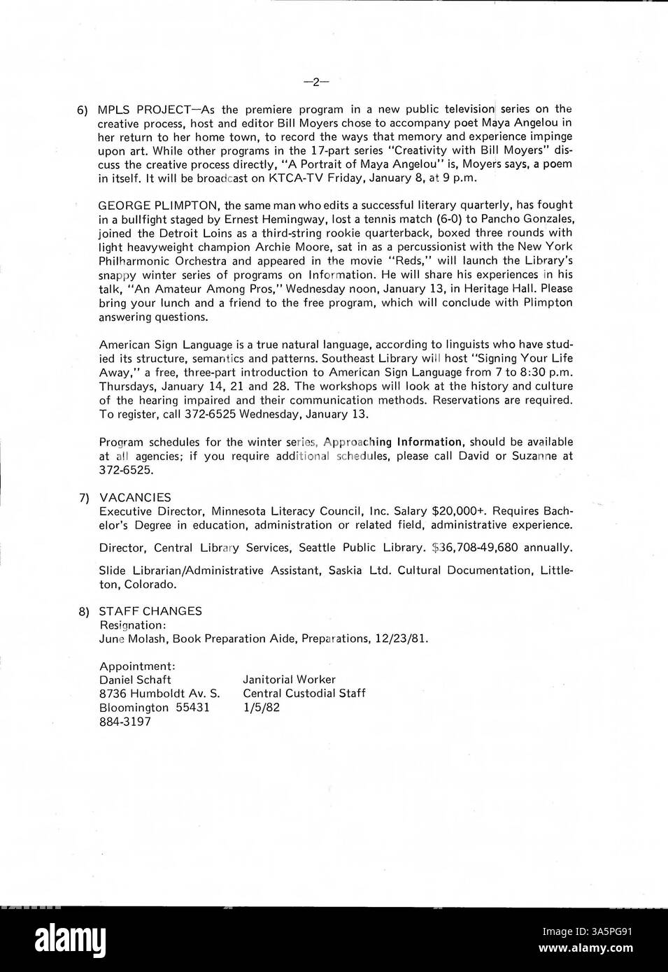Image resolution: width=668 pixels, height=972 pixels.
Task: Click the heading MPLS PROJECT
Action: pos(143,109)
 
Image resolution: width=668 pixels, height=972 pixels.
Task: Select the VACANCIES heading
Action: pos(134,497)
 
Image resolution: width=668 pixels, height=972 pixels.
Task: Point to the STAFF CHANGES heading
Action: pos(150,610)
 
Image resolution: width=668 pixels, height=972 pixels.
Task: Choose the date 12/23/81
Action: pos(404,638)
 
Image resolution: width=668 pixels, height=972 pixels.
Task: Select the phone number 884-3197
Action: pos(125,721)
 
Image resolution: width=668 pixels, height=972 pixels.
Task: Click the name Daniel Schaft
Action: pos(135,679)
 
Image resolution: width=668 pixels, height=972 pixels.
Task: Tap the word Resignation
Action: pos(132,624)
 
